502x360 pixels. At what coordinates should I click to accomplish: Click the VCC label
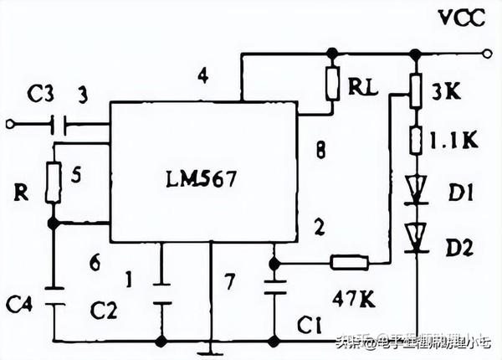coord(458,18)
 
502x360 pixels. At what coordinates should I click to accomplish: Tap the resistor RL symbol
coord(333,83)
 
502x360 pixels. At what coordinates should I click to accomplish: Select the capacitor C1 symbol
coord(274,287)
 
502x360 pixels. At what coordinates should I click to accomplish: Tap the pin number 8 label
coord(319,152)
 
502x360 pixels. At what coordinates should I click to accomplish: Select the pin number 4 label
coord(202,77)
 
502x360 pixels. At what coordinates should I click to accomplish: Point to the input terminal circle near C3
coord(10,126)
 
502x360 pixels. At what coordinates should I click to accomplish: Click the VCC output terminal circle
coord(486,53)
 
